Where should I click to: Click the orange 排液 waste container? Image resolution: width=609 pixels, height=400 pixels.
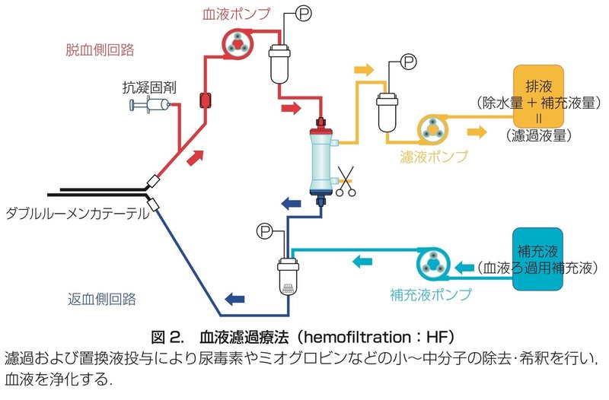[x=538, y=96]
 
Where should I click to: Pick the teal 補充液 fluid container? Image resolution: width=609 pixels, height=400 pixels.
[x=537, y=259]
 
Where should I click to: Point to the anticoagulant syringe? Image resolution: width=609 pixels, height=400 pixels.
[x=150, y=105]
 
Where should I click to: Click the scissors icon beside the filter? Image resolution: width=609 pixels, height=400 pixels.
[x=346, y=181]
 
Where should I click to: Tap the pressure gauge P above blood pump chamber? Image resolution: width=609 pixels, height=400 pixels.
[x=304, y=14]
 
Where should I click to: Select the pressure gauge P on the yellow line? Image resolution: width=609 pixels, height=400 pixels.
[x=408, y=62]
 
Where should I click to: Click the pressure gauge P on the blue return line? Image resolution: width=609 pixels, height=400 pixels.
[x=265, y=231]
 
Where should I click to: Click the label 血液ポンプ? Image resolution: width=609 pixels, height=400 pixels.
[x=237, y=14]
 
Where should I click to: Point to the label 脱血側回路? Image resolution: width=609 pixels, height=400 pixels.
[x=100, y=49]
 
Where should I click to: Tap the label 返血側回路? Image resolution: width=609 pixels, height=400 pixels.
[x=102, y=299]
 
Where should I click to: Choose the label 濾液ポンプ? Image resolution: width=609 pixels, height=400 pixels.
[x=434, y=157]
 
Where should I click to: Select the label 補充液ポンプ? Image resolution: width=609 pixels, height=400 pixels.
[x=431, y=295]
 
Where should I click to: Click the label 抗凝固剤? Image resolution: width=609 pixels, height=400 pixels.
[x=149, y=87]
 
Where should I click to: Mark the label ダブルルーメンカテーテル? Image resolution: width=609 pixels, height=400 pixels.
[x=78, y=214]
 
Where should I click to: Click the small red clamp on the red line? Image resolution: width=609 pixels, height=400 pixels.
[x=205, y=100]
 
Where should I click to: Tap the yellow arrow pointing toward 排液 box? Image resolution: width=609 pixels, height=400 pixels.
[x=477, y=132]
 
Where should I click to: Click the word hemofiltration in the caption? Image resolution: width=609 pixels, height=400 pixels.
[x=357, y=337]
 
